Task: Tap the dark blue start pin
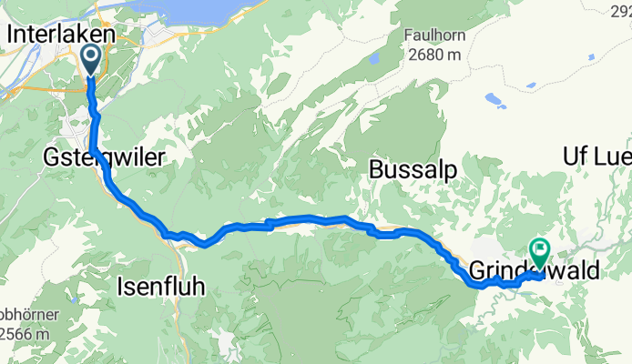93,61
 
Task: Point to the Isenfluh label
161,287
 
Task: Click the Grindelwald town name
535,271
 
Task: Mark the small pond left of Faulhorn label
374,58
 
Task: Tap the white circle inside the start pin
93,56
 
